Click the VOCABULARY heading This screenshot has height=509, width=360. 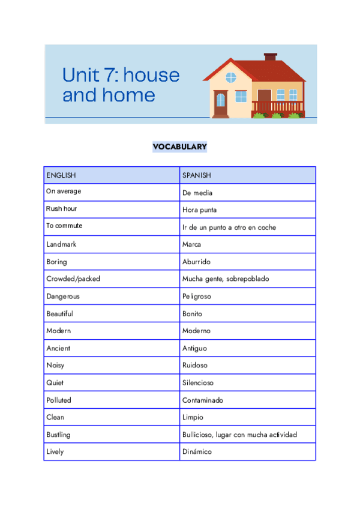179,146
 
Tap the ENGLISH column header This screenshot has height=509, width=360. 61,175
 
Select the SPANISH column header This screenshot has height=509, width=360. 197,175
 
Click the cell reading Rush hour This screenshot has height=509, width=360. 62,209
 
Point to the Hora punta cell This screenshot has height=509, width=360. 200,210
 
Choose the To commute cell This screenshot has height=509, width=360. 64,226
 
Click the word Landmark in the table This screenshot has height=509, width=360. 61,244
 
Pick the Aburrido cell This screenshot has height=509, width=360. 196,262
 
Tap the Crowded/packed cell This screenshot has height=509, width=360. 73,279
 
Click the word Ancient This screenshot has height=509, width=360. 58,348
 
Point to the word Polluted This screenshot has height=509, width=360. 59,400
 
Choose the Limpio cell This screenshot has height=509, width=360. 193,417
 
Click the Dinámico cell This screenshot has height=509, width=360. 197,452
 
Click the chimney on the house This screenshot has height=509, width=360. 271,58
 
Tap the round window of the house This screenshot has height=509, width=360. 231,77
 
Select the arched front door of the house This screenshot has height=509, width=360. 221,103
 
